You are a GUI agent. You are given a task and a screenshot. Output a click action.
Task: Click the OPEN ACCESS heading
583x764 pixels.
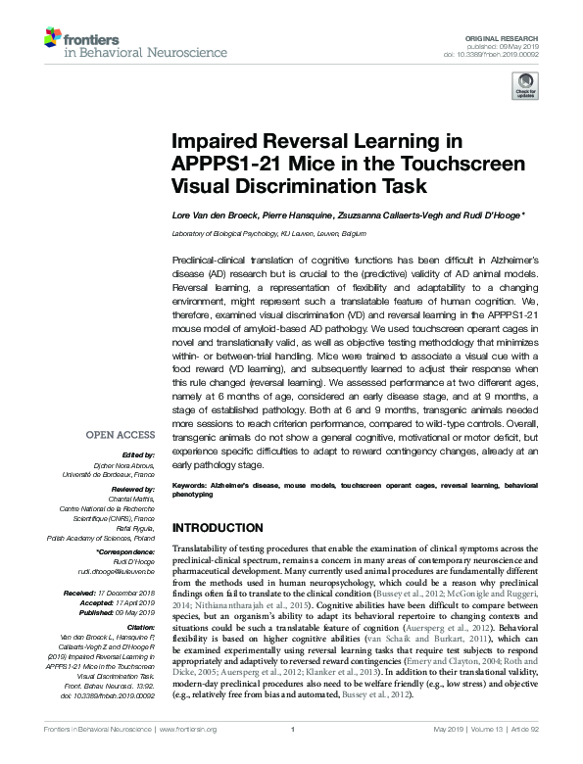(120, 434)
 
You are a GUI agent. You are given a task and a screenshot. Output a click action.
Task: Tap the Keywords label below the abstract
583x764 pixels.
(193, 485)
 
